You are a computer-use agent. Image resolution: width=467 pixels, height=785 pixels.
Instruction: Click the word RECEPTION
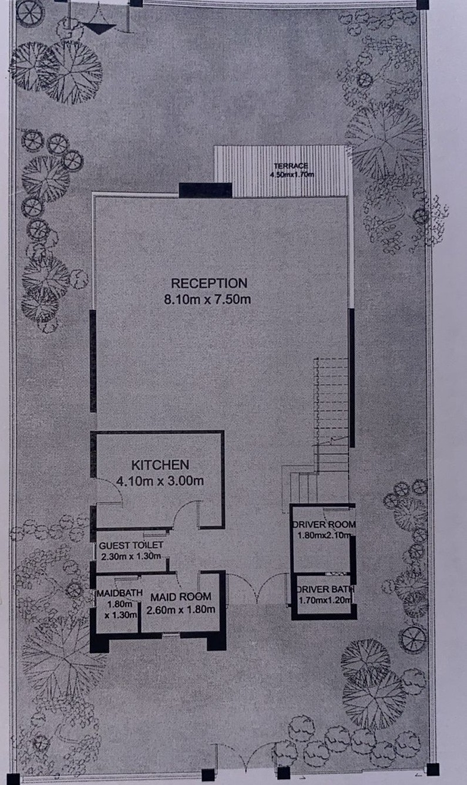tap(209, 283)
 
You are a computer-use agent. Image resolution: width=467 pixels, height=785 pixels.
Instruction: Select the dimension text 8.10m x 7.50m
tap(207, 299)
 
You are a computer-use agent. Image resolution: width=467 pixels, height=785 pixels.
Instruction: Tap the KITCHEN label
tap(160, 465)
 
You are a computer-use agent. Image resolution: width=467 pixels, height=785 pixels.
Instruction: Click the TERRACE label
tap(291, 166)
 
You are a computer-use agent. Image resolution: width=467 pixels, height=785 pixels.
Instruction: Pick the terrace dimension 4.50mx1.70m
tap(292, 174)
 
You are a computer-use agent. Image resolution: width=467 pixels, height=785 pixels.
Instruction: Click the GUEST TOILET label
tap(131, 545)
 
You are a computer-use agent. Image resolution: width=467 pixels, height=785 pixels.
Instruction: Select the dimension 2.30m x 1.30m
tap(131, 556)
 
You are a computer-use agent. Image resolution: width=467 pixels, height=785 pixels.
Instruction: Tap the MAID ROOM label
tap(181, 597)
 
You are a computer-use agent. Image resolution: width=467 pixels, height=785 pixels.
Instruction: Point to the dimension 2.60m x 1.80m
tap(181, 610)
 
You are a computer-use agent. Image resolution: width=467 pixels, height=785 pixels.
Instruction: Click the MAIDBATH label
tap(120, 593)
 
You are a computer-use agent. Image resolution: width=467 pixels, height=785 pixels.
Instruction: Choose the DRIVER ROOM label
tap(324, 525)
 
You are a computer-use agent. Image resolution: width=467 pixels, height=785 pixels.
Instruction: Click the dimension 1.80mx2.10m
tap(324, 535)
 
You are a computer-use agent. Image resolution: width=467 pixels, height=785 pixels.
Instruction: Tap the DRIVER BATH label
tap(325, 589)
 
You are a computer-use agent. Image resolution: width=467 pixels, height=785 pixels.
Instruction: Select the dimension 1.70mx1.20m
tap(325, 600)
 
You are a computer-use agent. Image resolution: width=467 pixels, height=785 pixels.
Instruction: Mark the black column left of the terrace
tap(206, 190)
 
